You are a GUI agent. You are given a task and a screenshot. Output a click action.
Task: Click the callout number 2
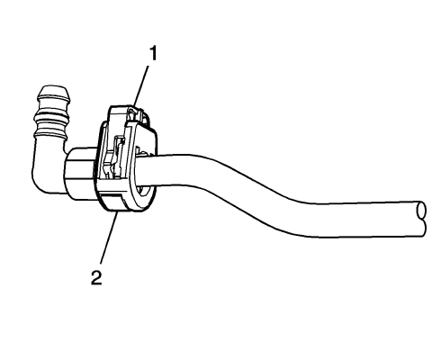click(x=97, y=274)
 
